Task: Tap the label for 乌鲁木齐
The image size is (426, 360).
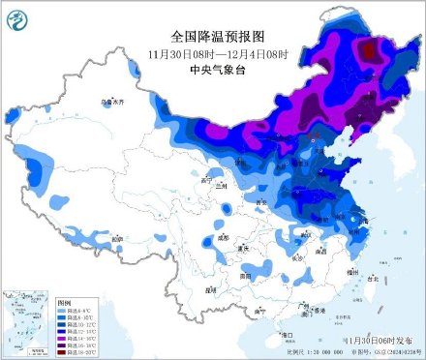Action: pyautogui.click(x=114, y=101)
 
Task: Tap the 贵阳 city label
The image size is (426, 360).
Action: pyautogui.click(x=246, y=276)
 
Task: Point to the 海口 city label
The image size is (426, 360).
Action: pyautogui.click(x=286, y=335)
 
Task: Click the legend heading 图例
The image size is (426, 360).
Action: pyautogui.click(x=64, y=302)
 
